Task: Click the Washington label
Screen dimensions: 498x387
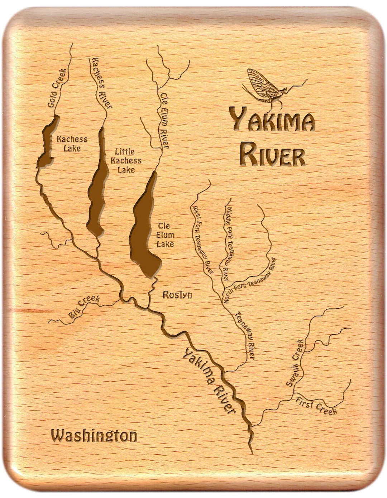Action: click(x=94, y=436)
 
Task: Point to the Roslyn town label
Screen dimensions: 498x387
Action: click(x=177, y=295)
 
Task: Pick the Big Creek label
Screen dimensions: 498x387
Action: click(x=84, y=307)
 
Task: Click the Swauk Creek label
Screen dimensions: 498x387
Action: click(x=296, y=362)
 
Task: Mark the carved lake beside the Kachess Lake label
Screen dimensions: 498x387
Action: click(x=47, y=143)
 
